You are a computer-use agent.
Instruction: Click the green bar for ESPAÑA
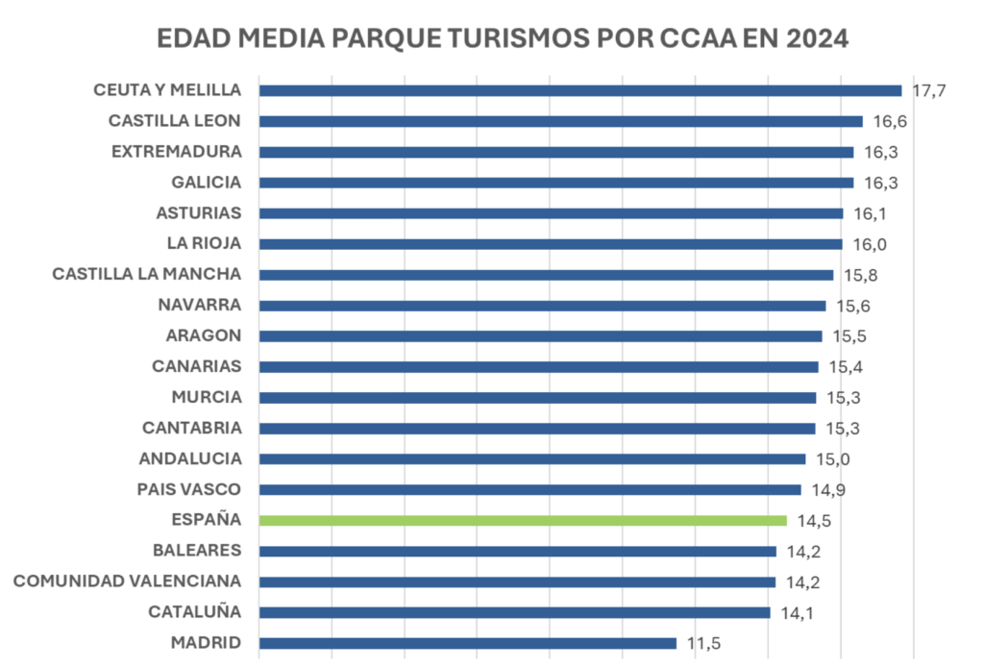tap(524, 520)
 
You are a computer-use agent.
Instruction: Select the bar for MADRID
tap(468, 643)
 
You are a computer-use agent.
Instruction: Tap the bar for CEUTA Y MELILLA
tap(580, 90)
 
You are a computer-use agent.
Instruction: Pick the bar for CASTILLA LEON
tap(561, 121)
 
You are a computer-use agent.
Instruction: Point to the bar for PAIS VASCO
tap(530, 489)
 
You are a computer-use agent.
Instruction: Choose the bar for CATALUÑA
tap(515, 612)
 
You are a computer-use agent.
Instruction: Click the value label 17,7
tap(930, 90)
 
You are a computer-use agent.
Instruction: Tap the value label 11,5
tap(704, 643)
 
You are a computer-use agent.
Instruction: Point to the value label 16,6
tap(891, 121)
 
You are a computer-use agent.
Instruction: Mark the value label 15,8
tap(862, 275)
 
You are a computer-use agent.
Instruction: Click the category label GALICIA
tap(207, 182)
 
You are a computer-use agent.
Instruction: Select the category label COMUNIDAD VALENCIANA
tap(127, 581)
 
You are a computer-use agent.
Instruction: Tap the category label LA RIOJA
tap(204, 243)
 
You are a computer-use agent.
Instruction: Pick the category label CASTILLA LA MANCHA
tap(147, 274)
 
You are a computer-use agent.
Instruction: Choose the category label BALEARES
tap(197, 550)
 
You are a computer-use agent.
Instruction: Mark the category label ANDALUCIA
tap(190, 458)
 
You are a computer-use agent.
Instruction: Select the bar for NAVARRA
tap(543, 306)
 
